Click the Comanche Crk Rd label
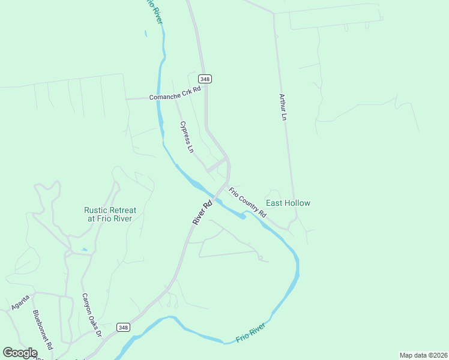tap(175, 97)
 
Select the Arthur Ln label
tap(283, 107)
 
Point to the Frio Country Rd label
tap(247, 202)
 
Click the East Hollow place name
tap(288, 203)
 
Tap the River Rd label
tap(202, 212)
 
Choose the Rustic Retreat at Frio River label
tap(110, 214)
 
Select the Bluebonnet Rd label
tap(43, 329)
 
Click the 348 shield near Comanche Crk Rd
tap(205, 79)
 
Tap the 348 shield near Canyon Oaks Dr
tap(123, 327)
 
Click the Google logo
tap(20, 353)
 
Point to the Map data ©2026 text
tap(423, 355)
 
